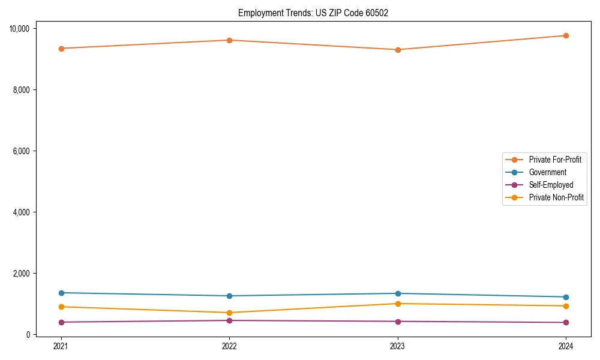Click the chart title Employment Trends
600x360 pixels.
(x=313, y=13)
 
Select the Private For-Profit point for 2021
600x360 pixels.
(x=61, y=49)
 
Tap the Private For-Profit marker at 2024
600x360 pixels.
(x=566, y=35)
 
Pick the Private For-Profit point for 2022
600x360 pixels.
(x=229, y=40)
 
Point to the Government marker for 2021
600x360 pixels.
(x=61, y=293)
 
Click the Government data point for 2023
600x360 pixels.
(x=397, y=293)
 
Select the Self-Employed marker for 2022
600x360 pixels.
(x=229, y=320)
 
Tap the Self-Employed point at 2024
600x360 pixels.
(x=566, y=322)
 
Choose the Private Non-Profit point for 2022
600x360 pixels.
(x=229, y=313)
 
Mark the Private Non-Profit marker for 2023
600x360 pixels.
(x=397, y=304)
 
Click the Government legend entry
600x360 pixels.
(x=547, y=172)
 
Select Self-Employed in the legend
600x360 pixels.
(x=551, y=185)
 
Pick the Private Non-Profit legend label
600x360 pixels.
(x=556, y=197)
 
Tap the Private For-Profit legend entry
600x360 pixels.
(x=555, y=160)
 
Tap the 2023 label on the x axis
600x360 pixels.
(x=397, y=346)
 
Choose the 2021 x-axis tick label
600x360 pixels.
(x=61, y=346)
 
